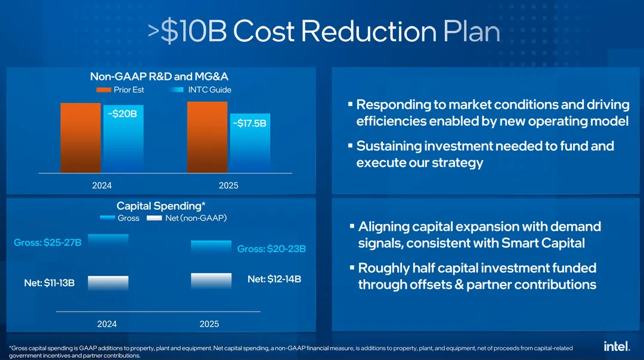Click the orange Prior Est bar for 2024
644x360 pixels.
click(x=80, y=138)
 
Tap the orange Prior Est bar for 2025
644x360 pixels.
click(x=207, y=137)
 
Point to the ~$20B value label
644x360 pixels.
click(x=122, y=113)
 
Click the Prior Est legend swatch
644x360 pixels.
click(x=103, y=90)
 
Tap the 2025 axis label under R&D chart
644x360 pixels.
click(x=228, y=185)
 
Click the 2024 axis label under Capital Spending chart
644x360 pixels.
click(x=107, y=324)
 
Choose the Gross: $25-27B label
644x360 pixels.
click(x=48, y=243)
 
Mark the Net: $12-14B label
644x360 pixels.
click(x=274, y=279)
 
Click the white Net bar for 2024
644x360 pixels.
click(x=108, y=283)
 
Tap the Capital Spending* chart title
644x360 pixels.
click(x=161, y=206)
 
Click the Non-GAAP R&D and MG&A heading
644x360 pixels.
click(x=159, y=76)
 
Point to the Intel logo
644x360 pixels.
click(x=617, y=346)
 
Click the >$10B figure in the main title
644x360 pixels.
click(x=187, y=32)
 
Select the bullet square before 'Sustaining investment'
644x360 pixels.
click(x=350, y=145)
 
